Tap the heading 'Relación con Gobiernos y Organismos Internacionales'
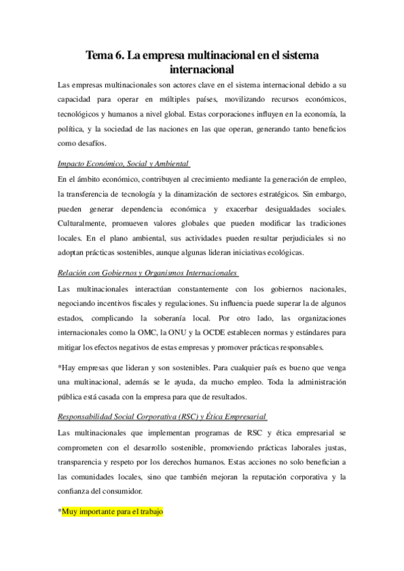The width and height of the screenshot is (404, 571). coord(148,273)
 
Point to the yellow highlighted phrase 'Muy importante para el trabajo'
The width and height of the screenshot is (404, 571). coord(113,512)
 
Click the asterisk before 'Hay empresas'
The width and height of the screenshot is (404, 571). coord(61,367)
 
